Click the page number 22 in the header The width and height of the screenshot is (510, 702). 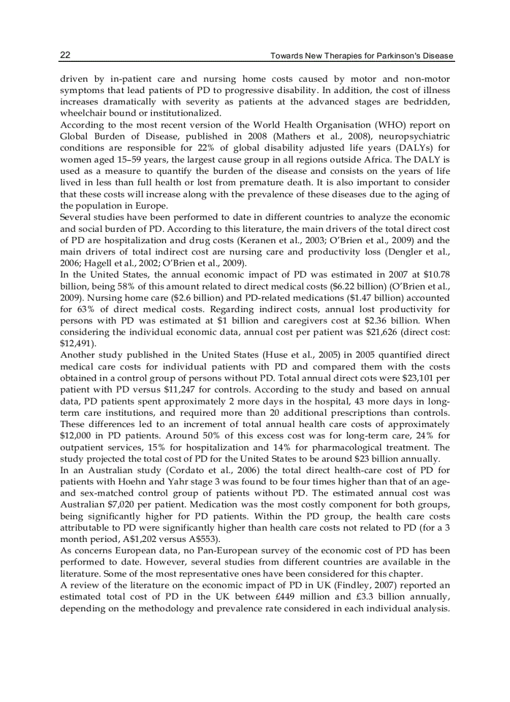click(x=65, y=56)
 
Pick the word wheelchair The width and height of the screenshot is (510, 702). click(x=83, y=114)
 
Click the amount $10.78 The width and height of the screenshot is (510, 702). click(x=437, y=273)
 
